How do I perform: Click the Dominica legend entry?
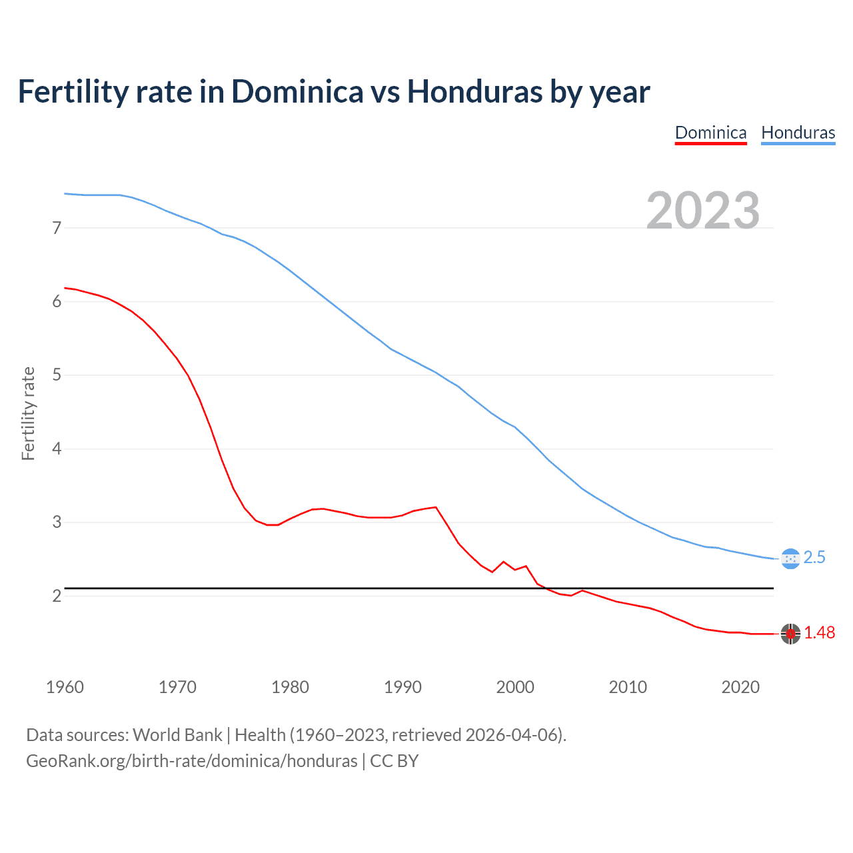point(710,133)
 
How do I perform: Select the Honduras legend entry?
point(798,133)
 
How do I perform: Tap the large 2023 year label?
point(702,211)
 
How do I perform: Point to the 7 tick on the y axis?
point(57,229)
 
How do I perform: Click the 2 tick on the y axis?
point(57,596)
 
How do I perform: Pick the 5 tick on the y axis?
point(57,375)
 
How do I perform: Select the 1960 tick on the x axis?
point(65,687)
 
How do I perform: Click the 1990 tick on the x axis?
point(403,687)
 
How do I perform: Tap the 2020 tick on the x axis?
point(740,687)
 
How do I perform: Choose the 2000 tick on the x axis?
point(515,687)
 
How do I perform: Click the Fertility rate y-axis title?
point(28,413)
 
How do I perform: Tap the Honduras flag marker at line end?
point(790,558)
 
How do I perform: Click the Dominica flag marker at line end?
point(790,634)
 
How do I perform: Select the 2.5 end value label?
point(814,558)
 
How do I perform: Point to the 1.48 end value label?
point(819,633)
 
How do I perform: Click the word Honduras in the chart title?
point(474,92)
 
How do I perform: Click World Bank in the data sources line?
point(177,735)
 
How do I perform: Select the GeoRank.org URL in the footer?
point(191,761)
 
